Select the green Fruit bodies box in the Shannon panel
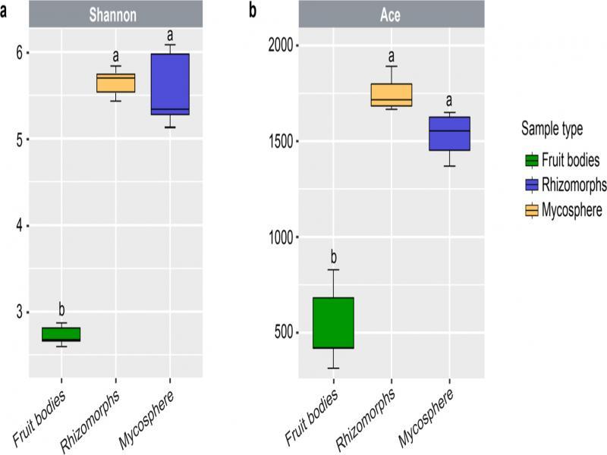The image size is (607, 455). (x=61, y=334)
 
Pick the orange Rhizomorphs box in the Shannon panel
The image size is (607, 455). (x=115, y=83)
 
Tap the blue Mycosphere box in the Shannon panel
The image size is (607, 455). (x=170, y=83)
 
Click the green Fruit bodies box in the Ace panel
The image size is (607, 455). (x=332, y=322)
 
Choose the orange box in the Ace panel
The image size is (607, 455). (x=391, y=95)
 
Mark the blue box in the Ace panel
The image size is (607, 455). (x=450, y=133)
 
